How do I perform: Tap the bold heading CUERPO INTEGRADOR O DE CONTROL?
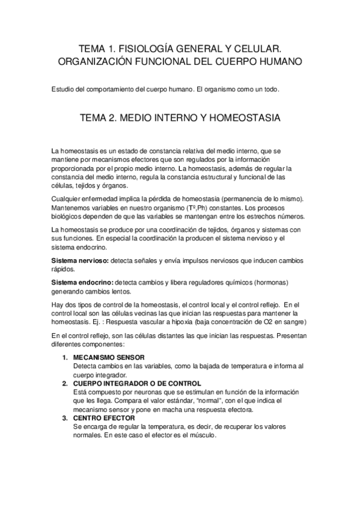pyautogui.click(x=137, y=382)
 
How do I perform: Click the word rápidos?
pyautogui.click(x=63, y=269)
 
